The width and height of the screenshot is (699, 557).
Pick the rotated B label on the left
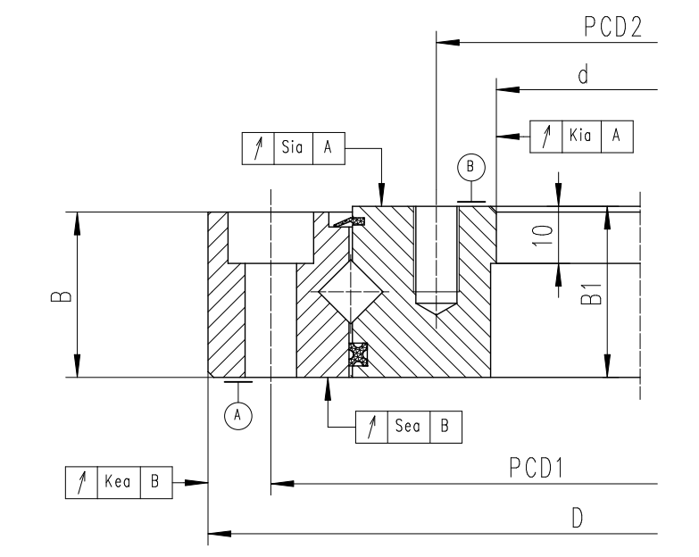tap(56, 295)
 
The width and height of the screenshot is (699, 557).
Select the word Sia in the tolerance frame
tap(291, 149)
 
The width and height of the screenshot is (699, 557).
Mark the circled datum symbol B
tap(470, 166)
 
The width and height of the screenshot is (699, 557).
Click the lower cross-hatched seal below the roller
tap(358, 354)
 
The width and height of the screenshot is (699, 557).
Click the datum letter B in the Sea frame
tap(445, 428)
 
